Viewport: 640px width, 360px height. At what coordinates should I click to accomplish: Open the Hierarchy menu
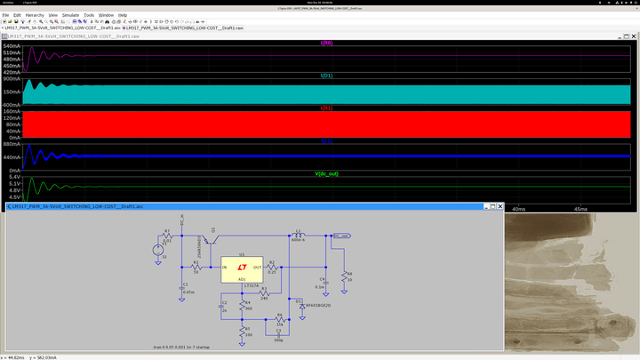coord(35,15)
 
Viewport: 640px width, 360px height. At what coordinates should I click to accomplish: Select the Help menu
coord(123,15)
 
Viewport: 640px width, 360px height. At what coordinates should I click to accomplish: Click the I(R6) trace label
coord(326,42)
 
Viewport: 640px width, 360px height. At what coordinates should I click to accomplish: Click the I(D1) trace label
coord(326,76)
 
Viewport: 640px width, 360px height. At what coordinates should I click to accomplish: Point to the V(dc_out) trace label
coord(326,172)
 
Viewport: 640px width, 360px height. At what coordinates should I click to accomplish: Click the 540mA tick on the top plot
coord(12,45)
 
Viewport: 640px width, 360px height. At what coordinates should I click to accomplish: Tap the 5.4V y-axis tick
coord(14,177)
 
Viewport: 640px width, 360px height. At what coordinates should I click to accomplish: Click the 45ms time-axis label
coord(580,209)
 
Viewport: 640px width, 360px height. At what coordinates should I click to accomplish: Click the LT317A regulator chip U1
coord(243,268)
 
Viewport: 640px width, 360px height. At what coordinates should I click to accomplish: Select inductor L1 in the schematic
coord(298,236)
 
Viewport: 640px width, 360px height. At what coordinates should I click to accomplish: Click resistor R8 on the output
coord(345,276)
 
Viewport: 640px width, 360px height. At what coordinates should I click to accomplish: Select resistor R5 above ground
coord(242,332)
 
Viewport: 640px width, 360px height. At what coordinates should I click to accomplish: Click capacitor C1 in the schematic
coord(183,287)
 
